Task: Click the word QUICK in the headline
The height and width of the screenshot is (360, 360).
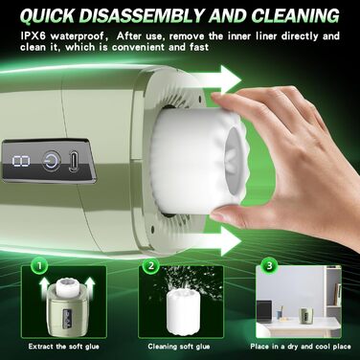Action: [x=49, y=15]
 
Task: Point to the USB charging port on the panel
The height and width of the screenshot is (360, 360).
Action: [x=74, y=160]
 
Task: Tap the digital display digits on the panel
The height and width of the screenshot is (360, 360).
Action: [x=21, y=161]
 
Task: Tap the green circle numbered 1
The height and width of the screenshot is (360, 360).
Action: [x=39, y=265]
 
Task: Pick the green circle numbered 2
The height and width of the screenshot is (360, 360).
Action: [x=151, y=265]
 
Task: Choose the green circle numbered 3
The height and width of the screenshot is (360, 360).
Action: [x=269, y=265]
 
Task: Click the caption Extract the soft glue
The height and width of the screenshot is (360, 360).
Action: [x=64, y=347]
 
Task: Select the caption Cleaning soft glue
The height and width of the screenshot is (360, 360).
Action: [x=179, y=347]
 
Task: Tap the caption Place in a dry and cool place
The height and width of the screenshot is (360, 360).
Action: [x=301, y=347]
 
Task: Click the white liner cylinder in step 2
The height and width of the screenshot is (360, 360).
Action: [x=180, y=307]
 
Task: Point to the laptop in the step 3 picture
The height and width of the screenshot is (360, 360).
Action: [x=264, y=309]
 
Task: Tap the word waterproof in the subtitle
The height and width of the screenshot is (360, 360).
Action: [x=78, y=36]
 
